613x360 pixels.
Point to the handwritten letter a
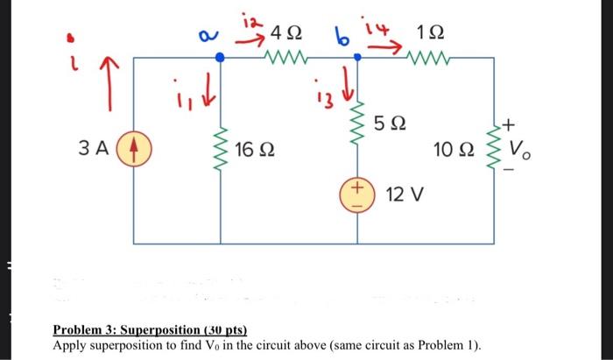click(x=206, y=36)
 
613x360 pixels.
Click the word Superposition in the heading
click(x=153, y=330)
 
